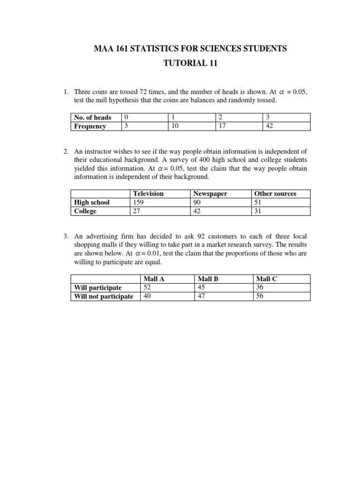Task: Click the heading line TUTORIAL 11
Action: pos(190,64)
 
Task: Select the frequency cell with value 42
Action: pos(270,126)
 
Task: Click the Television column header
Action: pos(148,193)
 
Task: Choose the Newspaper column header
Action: pos(210,193)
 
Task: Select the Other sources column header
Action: pos(275,193)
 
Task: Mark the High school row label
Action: pos(92,202)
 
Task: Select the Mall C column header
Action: pos(267,278)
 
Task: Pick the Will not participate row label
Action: pos(104,296)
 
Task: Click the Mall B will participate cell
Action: pos(202,287)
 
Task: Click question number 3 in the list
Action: pos(66,237)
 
